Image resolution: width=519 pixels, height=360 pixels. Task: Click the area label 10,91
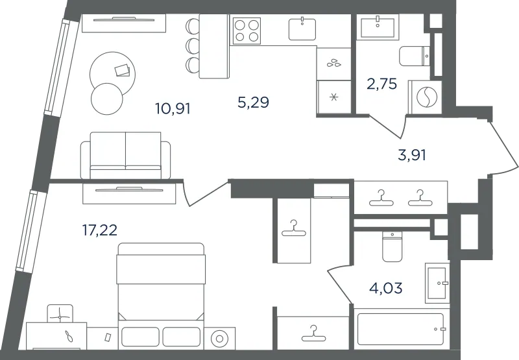click(173, 108)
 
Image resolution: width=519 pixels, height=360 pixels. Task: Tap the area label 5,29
click(253, 102)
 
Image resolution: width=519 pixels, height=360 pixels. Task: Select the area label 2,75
click(381, 84)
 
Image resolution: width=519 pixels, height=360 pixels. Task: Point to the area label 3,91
click(412, 155)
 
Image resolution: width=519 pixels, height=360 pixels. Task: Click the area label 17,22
click(100, 230)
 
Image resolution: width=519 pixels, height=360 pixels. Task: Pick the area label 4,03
click(386, 288)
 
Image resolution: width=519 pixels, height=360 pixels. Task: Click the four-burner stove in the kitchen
click(247, 30)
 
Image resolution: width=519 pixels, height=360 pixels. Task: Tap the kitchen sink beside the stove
click(302, 29)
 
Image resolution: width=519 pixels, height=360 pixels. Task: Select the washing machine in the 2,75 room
click(426, 97)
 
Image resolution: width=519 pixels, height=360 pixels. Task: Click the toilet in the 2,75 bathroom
click(415, 56)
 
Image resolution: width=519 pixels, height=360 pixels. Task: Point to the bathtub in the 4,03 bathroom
click(400, 329)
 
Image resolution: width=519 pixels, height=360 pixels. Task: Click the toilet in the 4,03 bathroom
click(392, 246)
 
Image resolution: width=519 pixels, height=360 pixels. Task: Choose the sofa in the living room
click(125, 156)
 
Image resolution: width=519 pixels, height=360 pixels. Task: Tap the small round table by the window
click(106, 99)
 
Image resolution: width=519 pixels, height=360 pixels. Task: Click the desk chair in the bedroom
click(60, 314)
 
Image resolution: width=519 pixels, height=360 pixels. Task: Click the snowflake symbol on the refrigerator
click(333, 97)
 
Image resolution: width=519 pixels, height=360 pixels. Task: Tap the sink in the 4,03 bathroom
click(437, 283)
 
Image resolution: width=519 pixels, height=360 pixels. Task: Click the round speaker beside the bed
click(219, 338)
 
